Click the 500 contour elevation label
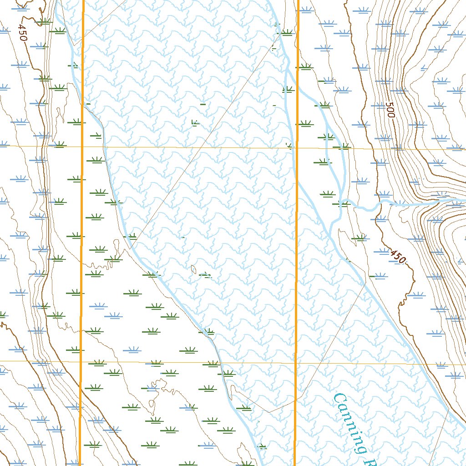pos(389,110)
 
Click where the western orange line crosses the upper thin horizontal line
pos(82,147)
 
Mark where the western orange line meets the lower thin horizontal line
pos(81,361)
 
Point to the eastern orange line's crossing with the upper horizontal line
pos(297,148)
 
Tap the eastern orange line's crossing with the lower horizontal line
pos(296,363)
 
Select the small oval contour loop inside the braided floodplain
pos(194,269)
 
